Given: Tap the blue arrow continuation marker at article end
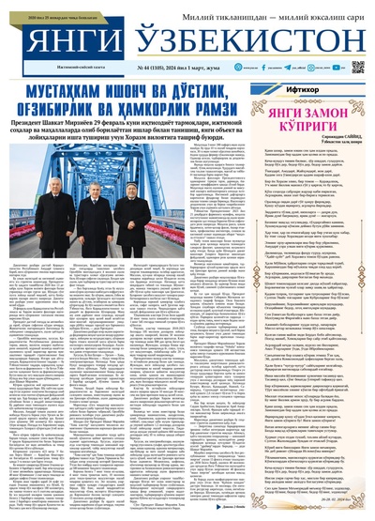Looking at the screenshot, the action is point(235,504).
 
